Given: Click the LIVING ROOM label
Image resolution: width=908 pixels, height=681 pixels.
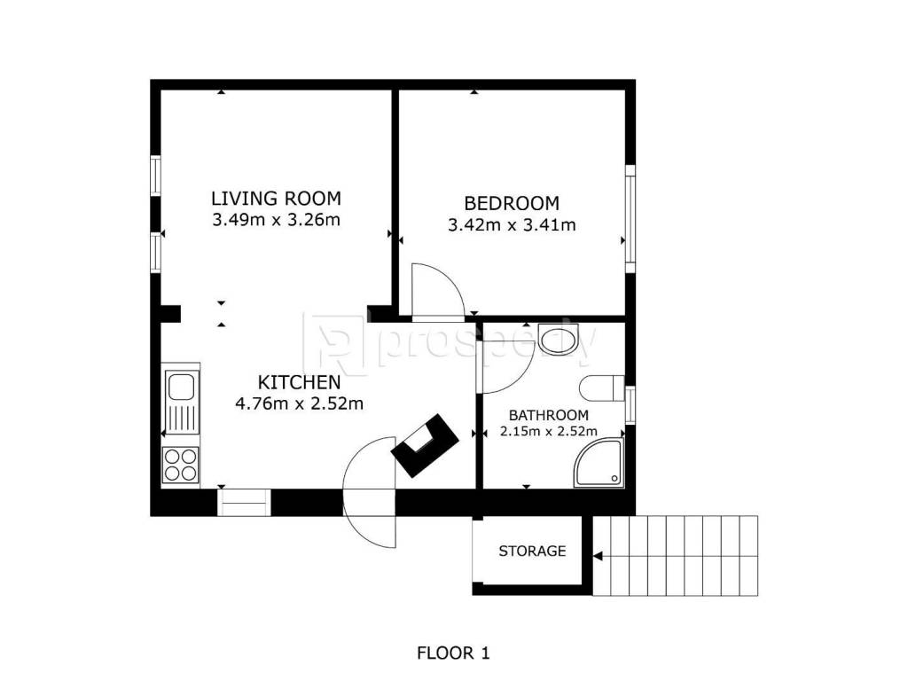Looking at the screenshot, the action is click(x=277, y=199).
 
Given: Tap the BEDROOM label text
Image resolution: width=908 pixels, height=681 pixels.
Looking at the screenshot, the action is click(x=512, y=203).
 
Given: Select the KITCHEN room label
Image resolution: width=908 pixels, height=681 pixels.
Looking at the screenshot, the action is click(x=300, y=382).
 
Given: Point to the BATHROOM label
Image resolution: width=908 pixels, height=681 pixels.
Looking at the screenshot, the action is click(x=548, y=415).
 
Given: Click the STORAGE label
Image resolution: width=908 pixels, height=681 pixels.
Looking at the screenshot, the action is click(x=532, y=551).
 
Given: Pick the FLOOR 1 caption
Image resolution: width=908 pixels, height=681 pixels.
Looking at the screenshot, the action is click(x=453, y=654).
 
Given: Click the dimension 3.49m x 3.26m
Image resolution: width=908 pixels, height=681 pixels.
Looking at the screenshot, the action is click(x=277, y=220).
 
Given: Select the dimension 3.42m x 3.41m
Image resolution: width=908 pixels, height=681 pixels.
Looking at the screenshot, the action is click(x=512, y=224).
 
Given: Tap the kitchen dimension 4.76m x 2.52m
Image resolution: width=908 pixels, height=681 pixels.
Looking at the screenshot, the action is click(x=300, y=403).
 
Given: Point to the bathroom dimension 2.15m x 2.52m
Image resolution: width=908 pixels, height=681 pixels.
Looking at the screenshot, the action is click(x=548, y=432).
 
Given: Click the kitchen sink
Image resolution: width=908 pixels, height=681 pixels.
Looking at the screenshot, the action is click(x=182, y=402).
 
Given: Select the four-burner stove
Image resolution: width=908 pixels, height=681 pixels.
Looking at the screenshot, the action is click(x=181, y=465).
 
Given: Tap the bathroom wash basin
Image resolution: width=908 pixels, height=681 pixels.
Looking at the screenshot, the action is click(x=559, y=339).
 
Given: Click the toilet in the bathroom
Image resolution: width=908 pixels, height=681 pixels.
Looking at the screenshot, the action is click(x=602, y=388).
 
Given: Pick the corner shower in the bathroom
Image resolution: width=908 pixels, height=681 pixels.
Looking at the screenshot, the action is click(x=599, y=462).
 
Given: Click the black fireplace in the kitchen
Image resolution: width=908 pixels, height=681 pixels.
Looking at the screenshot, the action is click(x=425, y=445).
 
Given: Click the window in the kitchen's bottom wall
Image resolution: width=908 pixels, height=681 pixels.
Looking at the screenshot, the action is click(x=244, y=503).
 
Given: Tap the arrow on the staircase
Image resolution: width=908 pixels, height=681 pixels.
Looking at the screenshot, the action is click(x=599, y=557).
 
